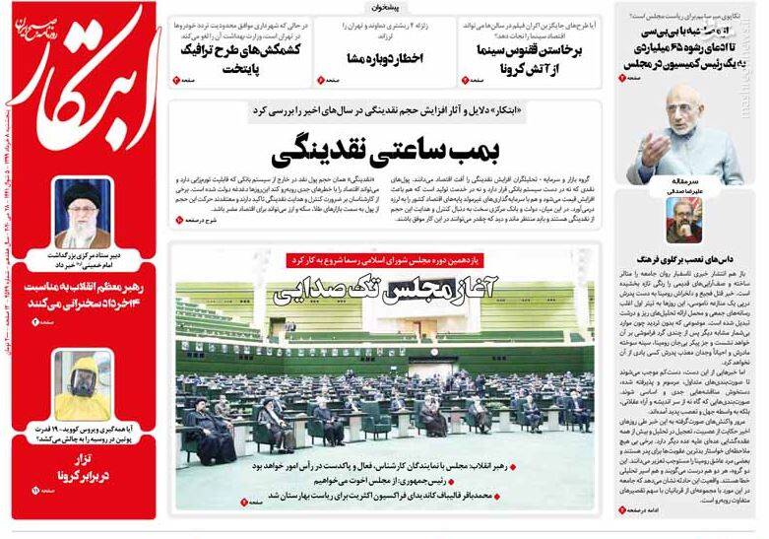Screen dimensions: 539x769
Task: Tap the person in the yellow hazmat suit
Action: [x=83, y=383]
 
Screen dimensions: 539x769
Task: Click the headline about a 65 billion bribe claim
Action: [x=689, y=40]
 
